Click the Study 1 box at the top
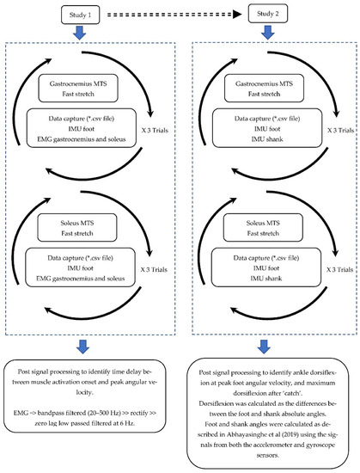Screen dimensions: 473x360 (x=88, y=14)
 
